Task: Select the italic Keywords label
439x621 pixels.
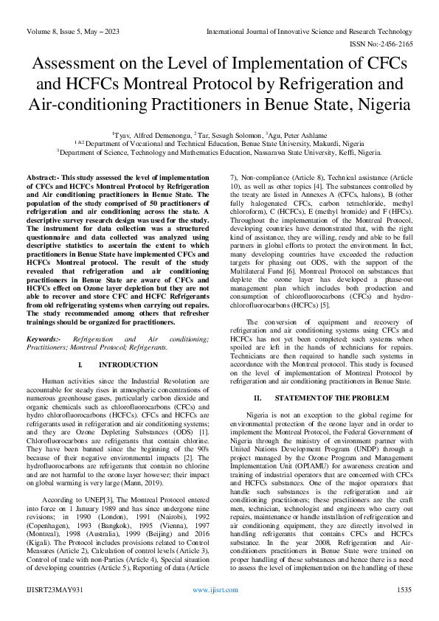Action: coord(44,337)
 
